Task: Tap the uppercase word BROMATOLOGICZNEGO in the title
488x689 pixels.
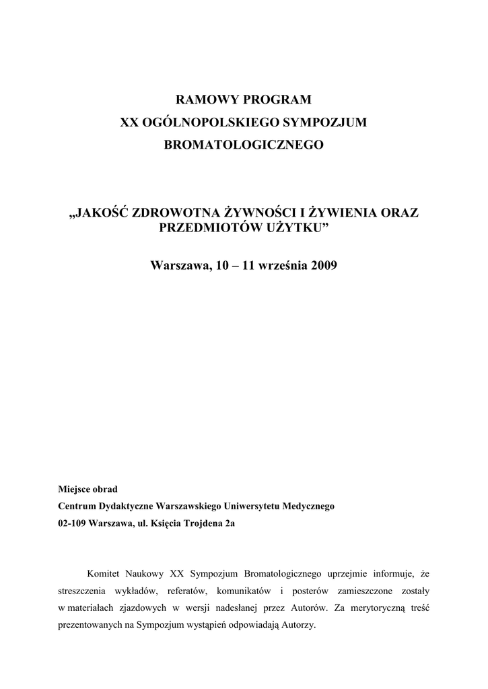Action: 244,145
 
